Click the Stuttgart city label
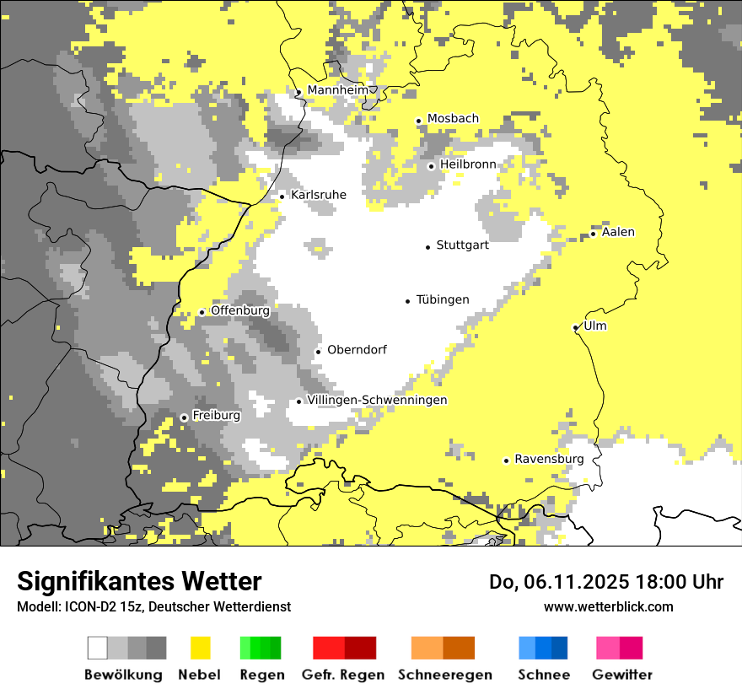462,245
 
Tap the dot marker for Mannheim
298,93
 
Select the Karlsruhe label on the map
318,195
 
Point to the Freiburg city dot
184,417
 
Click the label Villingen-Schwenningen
377,400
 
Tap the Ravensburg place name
549,459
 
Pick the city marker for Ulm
575,328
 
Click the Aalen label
618,232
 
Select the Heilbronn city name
468,164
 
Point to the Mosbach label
453,119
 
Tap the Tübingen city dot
408,301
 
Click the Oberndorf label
357,350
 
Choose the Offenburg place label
239,310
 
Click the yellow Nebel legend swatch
201,648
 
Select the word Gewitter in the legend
622,675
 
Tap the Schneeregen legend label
445,675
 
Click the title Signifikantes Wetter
139,581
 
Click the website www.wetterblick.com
608,606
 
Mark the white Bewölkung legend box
98,648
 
